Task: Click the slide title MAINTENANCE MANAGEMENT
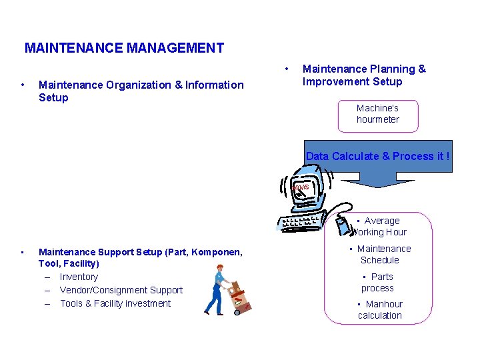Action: [x=124, y=48]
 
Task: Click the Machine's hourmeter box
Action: [x=378, y=114]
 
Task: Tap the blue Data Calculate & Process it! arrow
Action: [x=377, y=163]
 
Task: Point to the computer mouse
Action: [x=343, y=219]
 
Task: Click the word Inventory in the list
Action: [x=79, y=277]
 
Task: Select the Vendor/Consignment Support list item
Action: [x=121, y=290]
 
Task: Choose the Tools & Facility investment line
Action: [x=115, y=303]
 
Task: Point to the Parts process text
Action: [x=378, y=283]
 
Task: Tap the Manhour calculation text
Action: [x=380, y=310]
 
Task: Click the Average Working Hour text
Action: [x=380, y=227]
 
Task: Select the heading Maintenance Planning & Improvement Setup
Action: [x=363, y=75]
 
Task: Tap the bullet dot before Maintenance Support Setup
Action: [x=23, y=252]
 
